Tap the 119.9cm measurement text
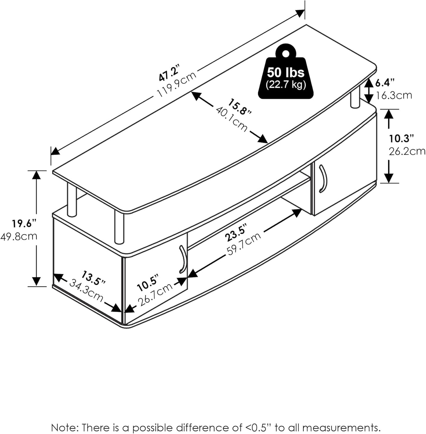click(176, 85)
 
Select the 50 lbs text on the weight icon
click(286, 72)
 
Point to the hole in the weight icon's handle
click(286, 53)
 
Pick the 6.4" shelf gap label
click(385, 83)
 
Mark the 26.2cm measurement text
click(407, 151)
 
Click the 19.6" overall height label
click(24, 223)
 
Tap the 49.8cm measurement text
click(19, 236)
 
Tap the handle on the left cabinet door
click(183, 259)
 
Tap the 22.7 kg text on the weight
click(286, 85)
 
